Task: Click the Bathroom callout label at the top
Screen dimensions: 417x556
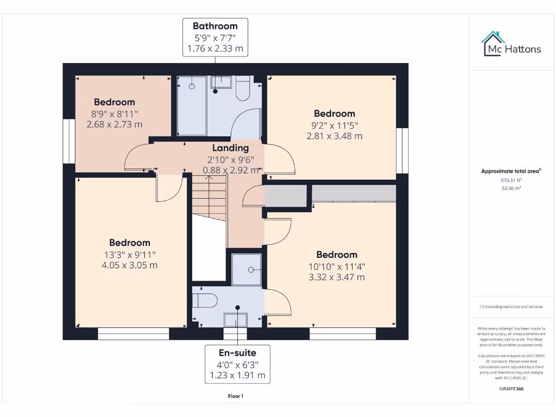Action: pos(216,37)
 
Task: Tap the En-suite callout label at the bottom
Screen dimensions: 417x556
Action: pos(238,364)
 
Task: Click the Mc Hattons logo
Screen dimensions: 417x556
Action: pos(511,44)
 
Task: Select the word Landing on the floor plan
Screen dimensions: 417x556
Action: pos(230,148)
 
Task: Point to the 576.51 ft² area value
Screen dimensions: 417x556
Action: pos(511,180)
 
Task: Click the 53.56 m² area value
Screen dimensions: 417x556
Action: pos(511,188)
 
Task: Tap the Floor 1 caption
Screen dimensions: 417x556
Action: pos(236,396)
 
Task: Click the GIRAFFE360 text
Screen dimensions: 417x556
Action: pos(511,389)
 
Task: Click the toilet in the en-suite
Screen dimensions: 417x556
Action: pos(206,300)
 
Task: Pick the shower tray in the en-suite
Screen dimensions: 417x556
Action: pos(247,269)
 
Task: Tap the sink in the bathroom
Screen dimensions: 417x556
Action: pos(220,82)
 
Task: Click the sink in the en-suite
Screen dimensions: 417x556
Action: pos(235,319)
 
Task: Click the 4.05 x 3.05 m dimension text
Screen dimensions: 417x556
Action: pos(129,265)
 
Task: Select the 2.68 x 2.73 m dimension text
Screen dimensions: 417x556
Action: pos(115,124)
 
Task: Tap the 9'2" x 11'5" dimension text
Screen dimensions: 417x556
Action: pos(334,125)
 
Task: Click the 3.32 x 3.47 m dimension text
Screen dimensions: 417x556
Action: pos(337,277)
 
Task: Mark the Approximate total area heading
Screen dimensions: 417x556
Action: pos(511,171)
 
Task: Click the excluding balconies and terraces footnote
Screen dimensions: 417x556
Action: pos(511,307)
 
